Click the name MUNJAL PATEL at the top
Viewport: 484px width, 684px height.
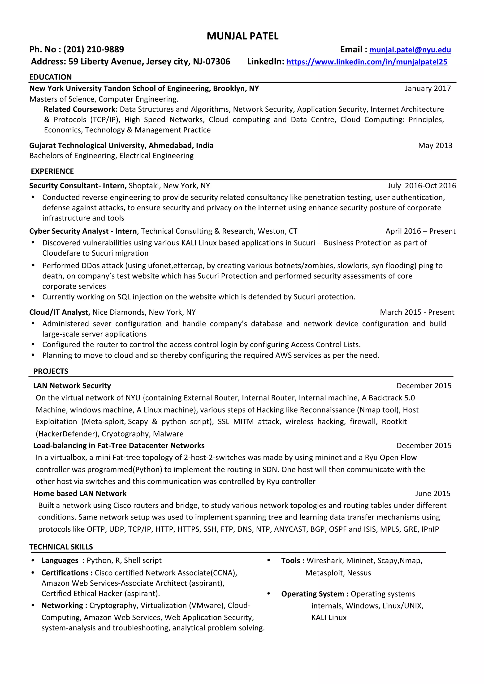click(x=242, y=36)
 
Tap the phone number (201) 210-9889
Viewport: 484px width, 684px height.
click(x=93, y=50)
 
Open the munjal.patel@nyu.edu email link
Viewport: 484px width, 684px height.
click(x=410, y=50)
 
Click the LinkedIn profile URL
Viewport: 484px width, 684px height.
click(x=367, y=62)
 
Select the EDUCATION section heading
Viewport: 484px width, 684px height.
click(x=50, y=77)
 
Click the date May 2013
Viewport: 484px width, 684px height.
click(x=435, y=146)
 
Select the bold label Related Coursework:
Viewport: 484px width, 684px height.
click(x=81, y=109)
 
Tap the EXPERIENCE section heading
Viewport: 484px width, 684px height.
click(x=52, y=171)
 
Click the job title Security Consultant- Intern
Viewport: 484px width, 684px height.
click(x=78, y=186)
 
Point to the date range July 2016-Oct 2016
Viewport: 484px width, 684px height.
click(x=421, y=186)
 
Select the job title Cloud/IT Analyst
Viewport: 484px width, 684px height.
click(x=60, y=312)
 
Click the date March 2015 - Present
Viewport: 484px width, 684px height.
click(x=417, y=312)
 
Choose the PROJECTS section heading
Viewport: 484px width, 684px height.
click(x=51, y=371)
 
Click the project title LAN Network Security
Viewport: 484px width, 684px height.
click(x=72, y=386)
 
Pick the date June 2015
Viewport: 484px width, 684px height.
click(x=432, y=494)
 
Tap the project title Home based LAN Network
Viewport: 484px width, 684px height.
click(x=80, y=494)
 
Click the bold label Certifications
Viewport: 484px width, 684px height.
click(x=65, y=573)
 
